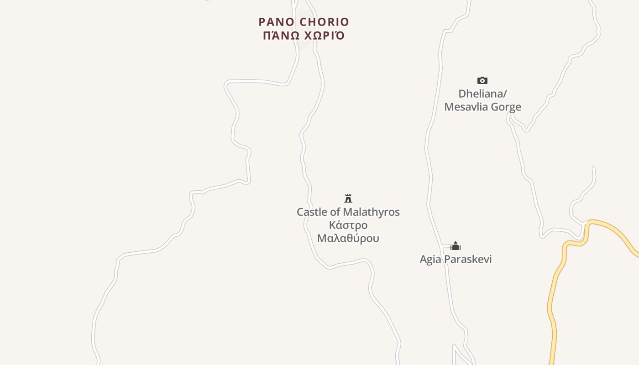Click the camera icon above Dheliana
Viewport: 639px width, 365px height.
tap(482, 81)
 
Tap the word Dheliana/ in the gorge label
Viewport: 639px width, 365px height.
tap(482, 94)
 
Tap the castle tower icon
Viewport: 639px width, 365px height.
tap(348, 198)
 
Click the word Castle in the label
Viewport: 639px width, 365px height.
tap(312, 212)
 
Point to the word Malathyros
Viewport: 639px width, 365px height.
tap(371, 212)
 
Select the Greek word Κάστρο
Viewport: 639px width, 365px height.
tap(348, 225)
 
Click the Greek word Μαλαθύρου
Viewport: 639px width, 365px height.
tap(348, 239)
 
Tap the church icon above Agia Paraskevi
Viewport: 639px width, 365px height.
tap(456, 246)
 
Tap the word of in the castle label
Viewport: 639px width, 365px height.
tap(336, 212)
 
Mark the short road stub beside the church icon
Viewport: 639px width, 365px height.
tap(446, 247)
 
